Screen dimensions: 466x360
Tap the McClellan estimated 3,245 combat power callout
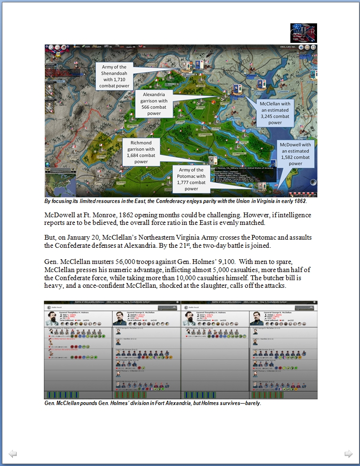[x=275, y=113]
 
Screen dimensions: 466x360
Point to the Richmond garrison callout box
[x=141, y=152]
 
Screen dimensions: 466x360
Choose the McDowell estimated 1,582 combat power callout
[x=295, y=154]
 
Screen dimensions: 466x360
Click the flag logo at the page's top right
[x=303, y=33]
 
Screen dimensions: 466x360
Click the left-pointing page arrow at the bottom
[x=13, y=454]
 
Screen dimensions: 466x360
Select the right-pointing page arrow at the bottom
[x=349, y=454]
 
